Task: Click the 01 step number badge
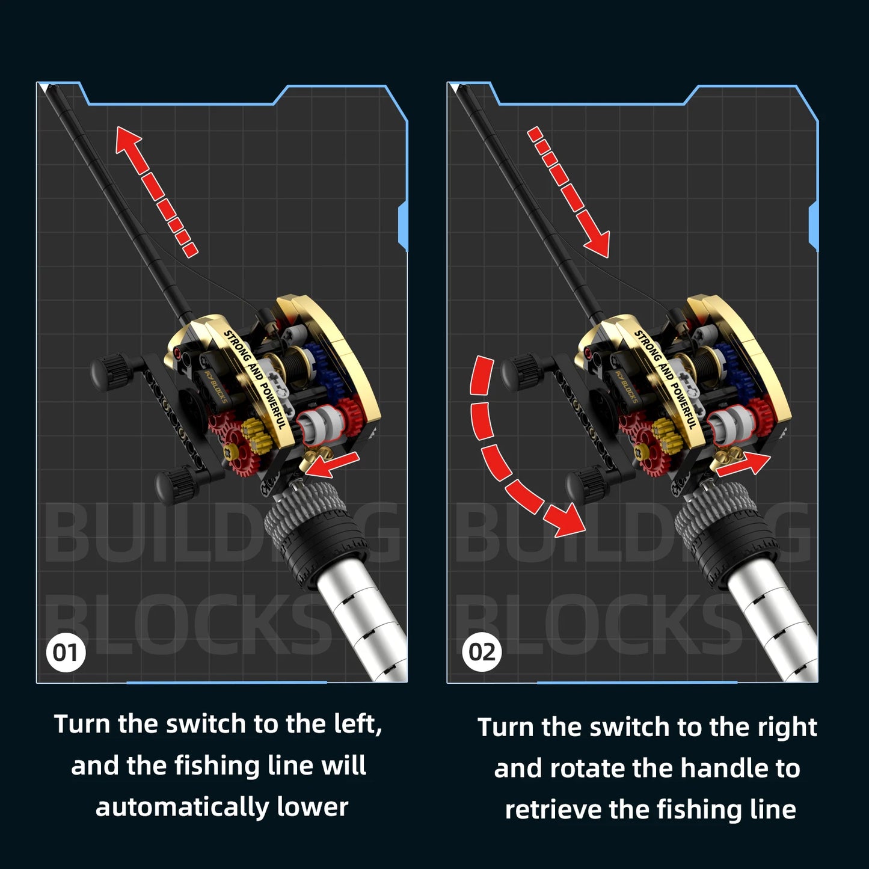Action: pos(66,653)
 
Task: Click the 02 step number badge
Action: pos(482,653)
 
